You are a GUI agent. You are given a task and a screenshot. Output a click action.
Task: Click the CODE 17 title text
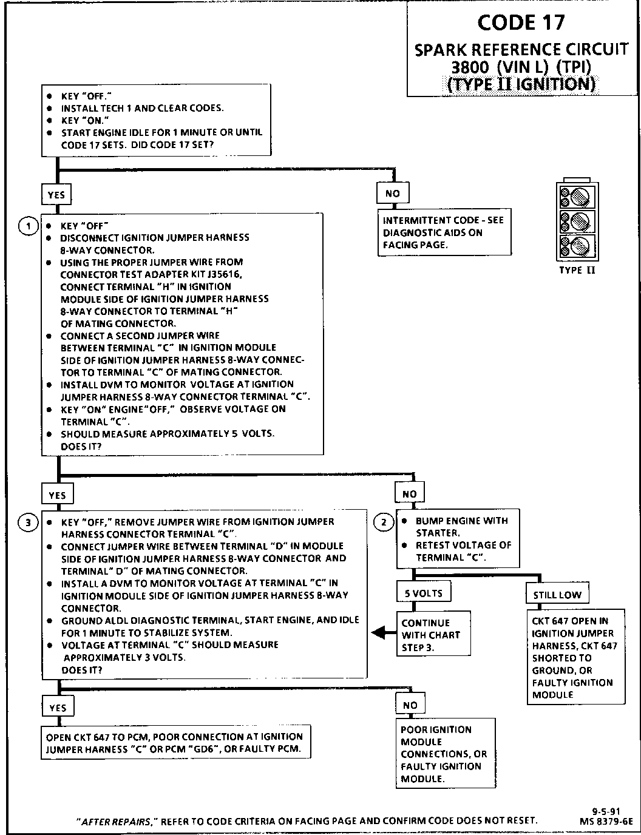point(521,23)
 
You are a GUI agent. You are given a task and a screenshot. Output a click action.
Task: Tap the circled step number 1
point(28,226)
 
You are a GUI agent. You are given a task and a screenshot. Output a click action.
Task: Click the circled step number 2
point(384,521)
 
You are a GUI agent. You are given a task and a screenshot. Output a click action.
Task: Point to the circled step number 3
point(28,522)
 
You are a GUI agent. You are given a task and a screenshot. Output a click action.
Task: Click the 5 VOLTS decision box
point(424,593)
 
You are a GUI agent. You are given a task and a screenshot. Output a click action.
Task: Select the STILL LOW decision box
point(557,595)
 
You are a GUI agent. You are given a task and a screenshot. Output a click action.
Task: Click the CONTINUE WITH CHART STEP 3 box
point(433,635)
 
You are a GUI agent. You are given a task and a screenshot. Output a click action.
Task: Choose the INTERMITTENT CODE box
point(444,232)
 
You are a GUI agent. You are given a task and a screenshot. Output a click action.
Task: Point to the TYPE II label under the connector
point(577,270)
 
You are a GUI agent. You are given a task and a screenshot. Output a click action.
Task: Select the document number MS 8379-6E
point(606,820)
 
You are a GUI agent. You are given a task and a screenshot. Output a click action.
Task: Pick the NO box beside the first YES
point(393,194)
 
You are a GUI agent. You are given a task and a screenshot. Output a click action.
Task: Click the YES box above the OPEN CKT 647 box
point(57,708)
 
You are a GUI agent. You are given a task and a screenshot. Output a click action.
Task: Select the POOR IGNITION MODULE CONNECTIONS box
point(446,754)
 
